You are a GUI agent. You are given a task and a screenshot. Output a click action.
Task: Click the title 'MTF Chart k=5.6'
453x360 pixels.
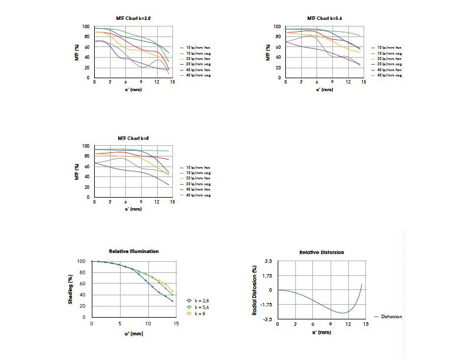pyautogui.click(x=324, y=18)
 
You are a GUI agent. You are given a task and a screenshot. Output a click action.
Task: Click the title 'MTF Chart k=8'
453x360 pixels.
pyautogui.click(x=132, y=138)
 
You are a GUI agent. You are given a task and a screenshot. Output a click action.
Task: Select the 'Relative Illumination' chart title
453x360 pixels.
pyautogui.click(x=134, y=251)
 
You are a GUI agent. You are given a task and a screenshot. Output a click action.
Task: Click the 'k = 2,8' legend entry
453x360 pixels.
pyautogui.click(x=199, y=300)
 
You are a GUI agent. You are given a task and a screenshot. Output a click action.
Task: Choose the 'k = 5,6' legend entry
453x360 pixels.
pyautogui.click(x=199, y=306)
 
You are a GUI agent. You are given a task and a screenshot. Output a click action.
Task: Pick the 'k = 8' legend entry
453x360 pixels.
pyautogui.click(x=197, y=314)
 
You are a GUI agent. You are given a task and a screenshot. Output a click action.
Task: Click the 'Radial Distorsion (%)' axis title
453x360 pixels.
pyautogui.click(x=255, y=288)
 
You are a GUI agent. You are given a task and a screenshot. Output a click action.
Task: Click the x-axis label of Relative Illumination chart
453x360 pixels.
pyautogui.click(x=133, y=334)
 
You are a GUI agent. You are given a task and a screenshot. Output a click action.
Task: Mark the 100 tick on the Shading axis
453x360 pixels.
pyautogui.click(x=82, y=261)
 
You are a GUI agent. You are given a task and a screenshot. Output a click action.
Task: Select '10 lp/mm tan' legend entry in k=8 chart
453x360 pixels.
pyautogui.click(x=200, y=168)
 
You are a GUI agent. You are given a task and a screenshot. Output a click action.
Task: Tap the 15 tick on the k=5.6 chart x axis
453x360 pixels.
pyautogui.click(x=363, y=82)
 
